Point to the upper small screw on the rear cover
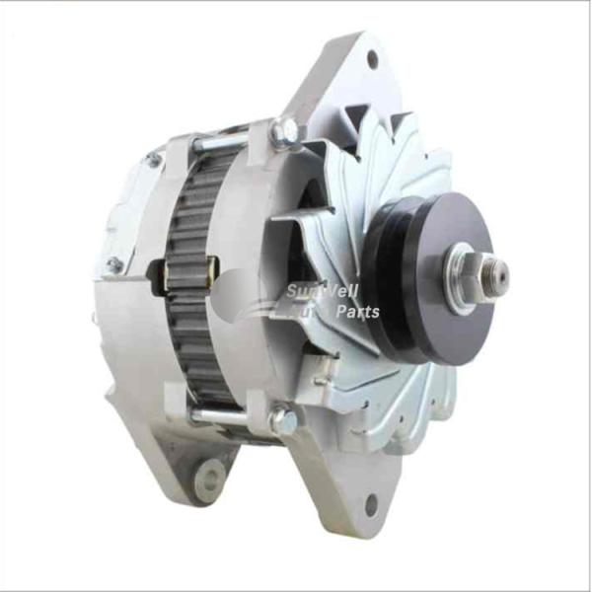click(x=153, y=159)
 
